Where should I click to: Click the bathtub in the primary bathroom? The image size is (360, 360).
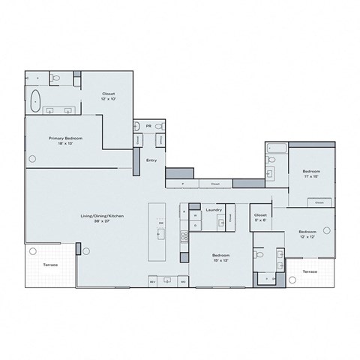pyautogui.click(x=34, y=99)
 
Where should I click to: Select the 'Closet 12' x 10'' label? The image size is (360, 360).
pyautogui.click(x=109, y=97)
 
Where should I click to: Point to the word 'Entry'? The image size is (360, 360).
pyautogui.click(x=151, y=159)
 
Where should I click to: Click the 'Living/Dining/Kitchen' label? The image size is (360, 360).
pyautogui.click(x=102, y=218)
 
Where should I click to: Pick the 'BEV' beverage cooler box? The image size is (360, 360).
pyautogui.click(x=152, y=281)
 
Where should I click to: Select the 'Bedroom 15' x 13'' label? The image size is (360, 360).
pyautogui.click(x=220, y=257)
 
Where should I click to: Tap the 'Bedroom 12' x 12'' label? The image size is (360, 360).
pyautogui.click(x=307, y=234)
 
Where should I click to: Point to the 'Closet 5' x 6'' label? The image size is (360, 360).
pyautogui.click(x=260, y=217)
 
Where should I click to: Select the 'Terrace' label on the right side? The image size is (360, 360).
pyautogui.click(x=310, y=271)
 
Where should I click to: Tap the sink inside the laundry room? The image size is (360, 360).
pyautogui.click(x=231, y=217)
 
